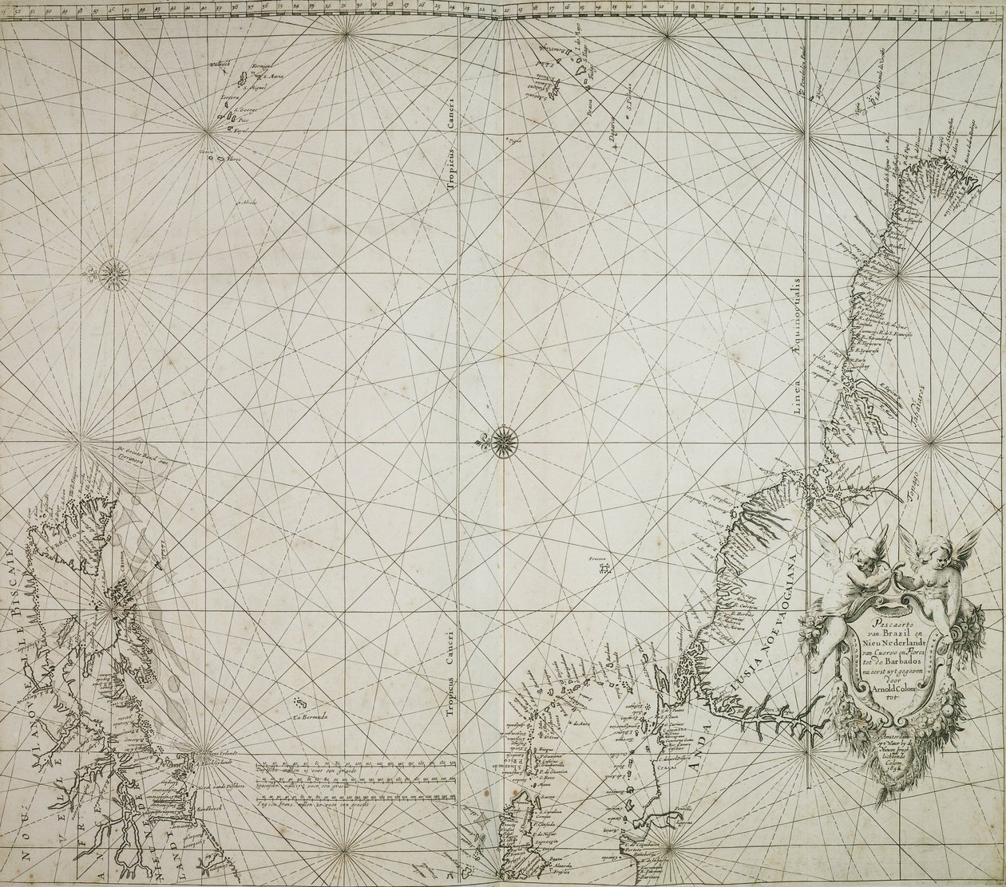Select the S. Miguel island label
tap(255, 89)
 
